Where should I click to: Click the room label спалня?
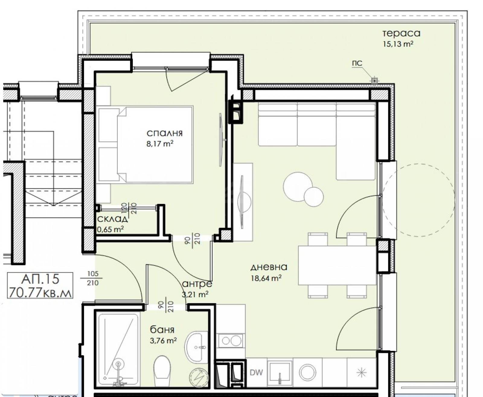pos(165,134)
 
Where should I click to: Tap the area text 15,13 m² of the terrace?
pos(398,44)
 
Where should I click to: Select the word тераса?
pos(401,33)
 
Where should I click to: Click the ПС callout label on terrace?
pos(357,63)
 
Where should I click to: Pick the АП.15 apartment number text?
pos(40,279)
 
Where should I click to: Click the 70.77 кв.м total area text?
pos(40,292)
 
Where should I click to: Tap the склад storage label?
pos(113,219)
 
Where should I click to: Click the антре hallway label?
pos(197,284)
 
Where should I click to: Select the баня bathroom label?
pos(162,330)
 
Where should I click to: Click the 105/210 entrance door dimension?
pos(92,278)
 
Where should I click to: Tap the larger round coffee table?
pos(297,187)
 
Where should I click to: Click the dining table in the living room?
pos(337,266)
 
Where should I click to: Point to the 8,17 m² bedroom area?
pos(160,144)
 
